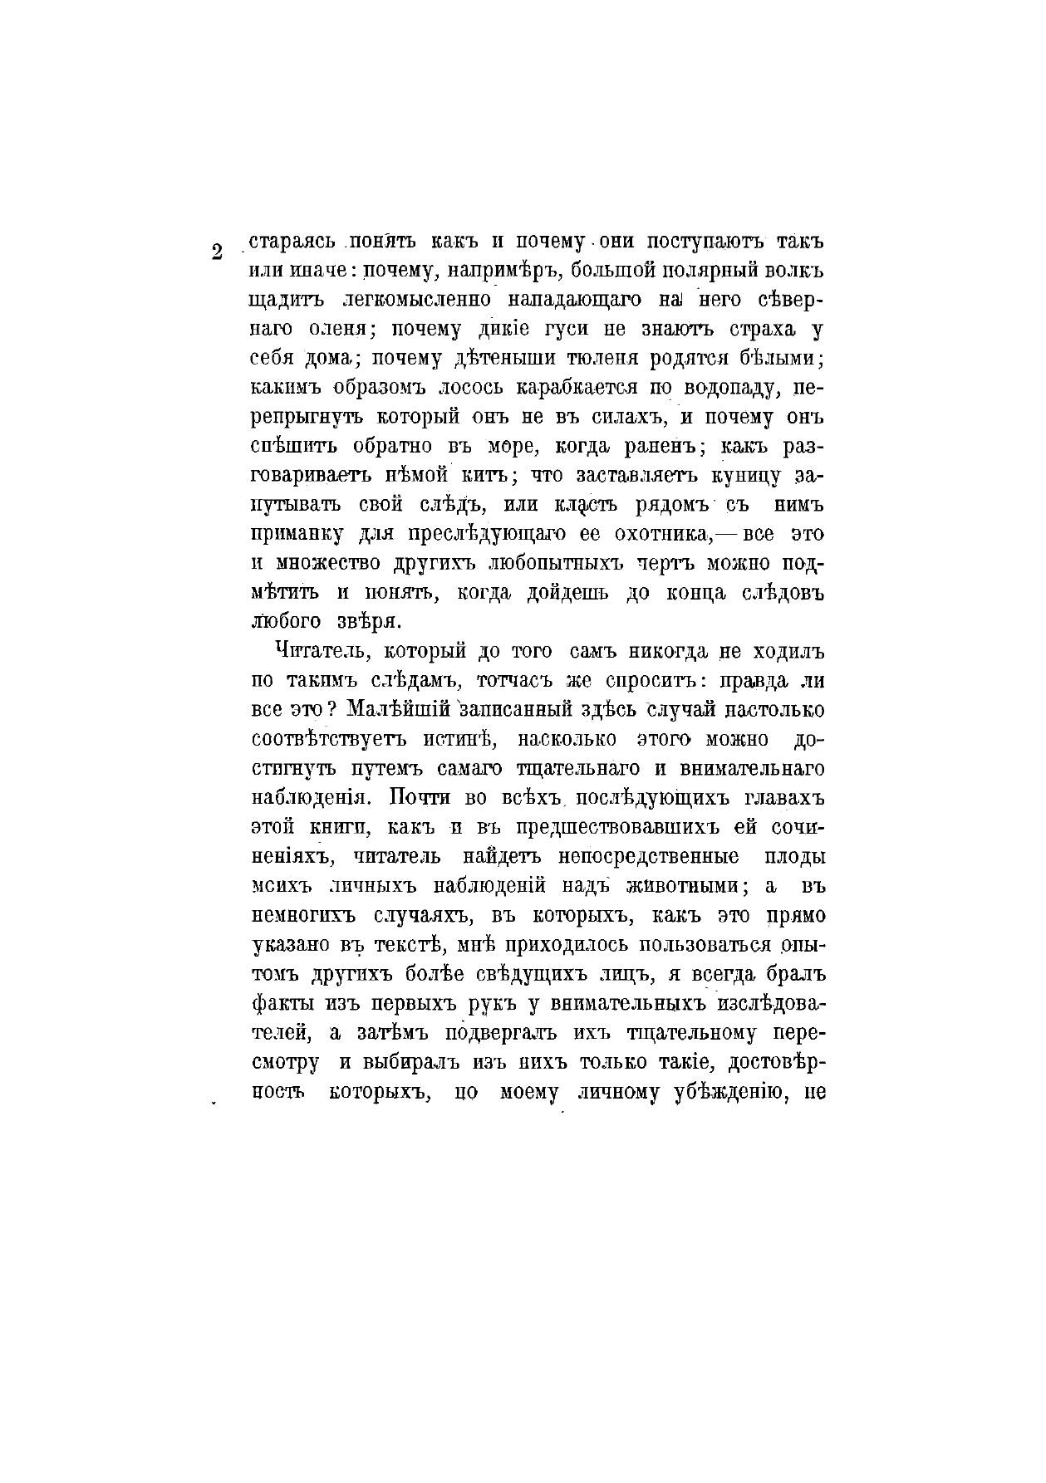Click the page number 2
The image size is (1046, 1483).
(217, 252)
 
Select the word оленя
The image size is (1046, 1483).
(332, 330)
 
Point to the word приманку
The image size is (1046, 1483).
(292, 534)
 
